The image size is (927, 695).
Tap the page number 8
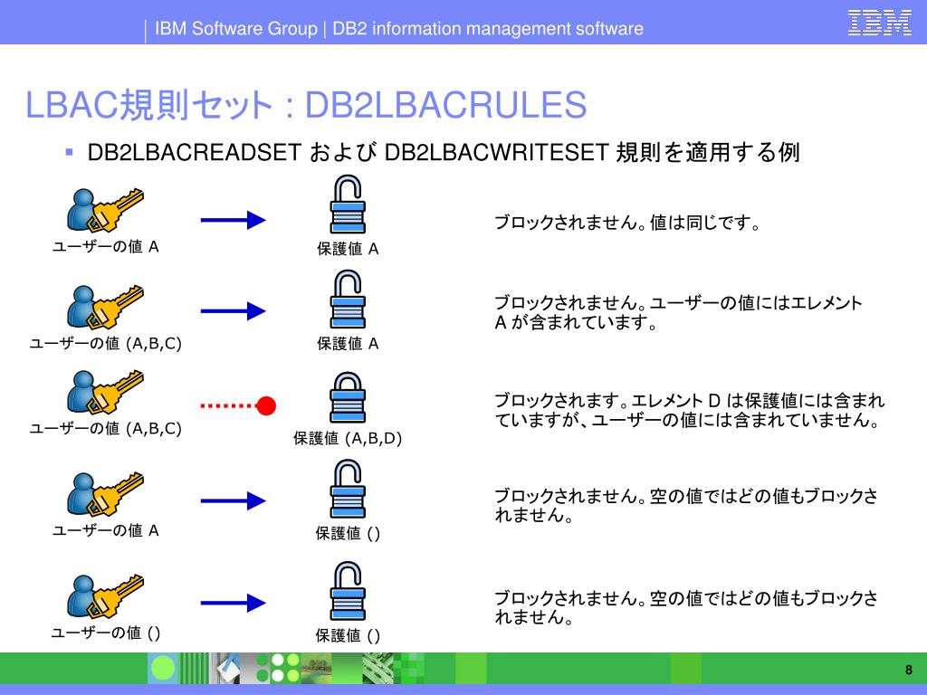click(908, 670)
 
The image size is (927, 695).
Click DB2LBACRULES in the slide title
click(446, 105)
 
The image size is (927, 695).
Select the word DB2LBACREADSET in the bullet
click(194, 153)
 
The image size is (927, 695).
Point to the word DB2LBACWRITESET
click(495, 153)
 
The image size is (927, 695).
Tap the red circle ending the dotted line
click(266, 405)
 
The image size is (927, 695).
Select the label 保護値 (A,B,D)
click(348, 439)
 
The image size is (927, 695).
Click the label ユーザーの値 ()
click(106, 633)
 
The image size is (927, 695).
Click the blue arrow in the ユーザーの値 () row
click(233, 601)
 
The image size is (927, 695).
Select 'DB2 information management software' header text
click(487, 29)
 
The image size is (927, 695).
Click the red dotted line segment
click(229, 405)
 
